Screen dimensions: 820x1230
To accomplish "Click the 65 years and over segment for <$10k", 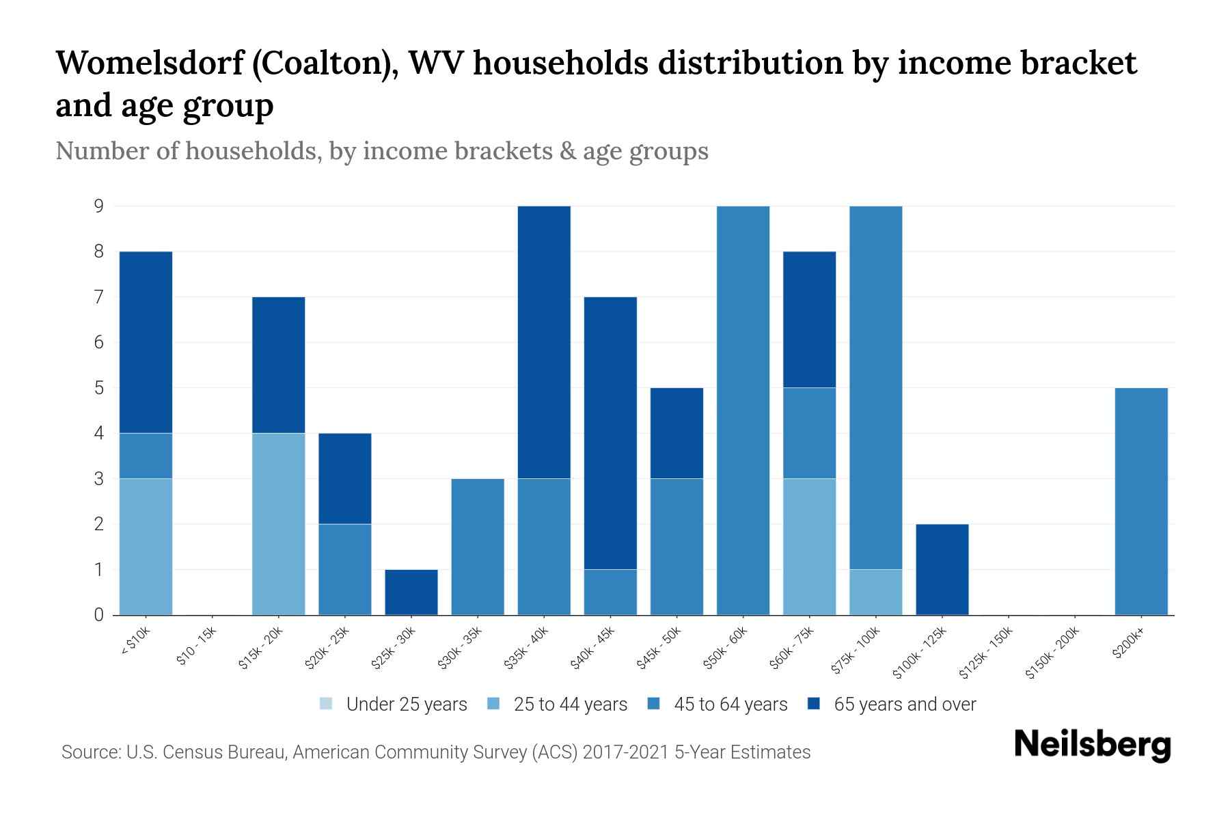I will click(x=146, y=342).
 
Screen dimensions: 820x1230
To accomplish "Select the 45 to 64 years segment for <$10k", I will click(x=146, y=456).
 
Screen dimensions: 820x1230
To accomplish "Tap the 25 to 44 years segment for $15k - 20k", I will click(x=278, y=523).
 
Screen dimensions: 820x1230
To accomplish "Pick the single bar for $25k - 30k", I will click(x=411, y=592).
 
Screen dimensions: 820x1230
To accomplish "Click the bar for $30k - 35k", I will click(x=478, y=547).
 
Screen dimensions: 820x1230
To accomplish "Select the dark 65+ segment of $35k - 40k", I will click(x=544, y=342).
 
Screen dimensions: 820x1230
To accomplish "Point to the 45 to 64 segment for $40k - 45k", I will click(x=610, y=592).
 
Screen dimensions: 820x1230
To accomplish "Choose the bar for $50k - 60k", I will click(x=743, y=410).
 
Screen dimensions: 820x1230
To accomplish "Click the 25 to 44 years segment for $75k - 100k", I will click(x=875, y=592).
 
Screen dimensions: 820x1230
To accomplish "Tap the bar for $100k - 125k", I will click(x=942, y=569).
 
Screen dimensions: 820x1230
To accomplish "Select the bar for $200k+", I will click(x=1140, y=501).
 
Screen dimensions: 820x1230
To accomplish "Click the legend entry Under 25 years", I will click(x=394, y=704).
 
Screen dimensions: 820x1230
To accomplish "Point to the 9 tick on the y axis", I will click(x=99, y=206).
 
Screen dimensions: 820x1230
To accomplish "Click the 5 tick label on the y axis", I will click(x=99, y=387).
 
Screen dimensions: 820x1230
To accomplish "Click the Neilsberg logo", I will click(x=1093, y=745).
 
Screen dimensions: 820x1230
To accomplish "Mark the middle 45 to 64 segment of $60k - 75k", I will click(x=809, y=433).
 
